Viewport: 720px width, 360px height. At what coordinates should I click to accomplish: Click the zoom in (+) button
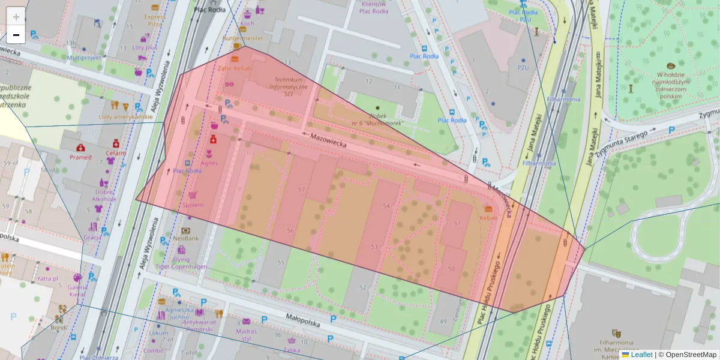pyautogui.click(x=16, y=17)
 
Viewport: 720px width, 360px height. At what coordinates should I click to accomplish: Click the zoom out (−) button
pyautogui.click(x=16, y=35)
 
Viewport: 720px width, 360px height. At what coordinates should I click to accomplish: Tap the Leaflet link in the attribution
pyautogui.click(x=641, y=355)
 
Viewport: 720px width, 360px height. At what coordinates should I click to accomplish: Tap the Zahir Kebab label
pyautogui.click(x=235, y=68)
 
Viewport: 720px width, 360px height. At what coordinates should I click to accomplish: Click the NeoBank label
pyautogui.click(x=186, y=238)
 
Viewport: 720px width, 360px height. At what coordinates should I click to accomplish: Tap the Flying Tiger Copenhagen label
pyautogui.click(x=181, y=263)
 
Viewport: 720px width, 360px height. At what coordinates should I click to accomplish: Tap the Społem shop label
pyautogui.click(x=193, y=205)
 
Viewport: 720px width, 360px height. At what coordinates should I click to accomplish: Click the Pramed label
pyautogui.click(x=80, y=157)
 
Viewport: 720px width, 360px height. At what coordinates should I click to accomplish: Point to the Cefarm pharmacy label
pyautogui.click(x=115, y=152)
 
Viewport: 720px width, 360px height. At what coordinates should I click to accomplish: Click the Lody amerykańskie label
pyautogui.click(x=125, y=117)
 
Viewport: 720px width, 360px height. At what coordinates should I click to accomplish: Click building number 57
pyautogui.click(x=302, y=190)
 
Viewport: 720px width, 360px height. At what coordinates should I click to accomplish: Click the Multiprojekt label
pyautogui.click(x=84, y=58)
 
